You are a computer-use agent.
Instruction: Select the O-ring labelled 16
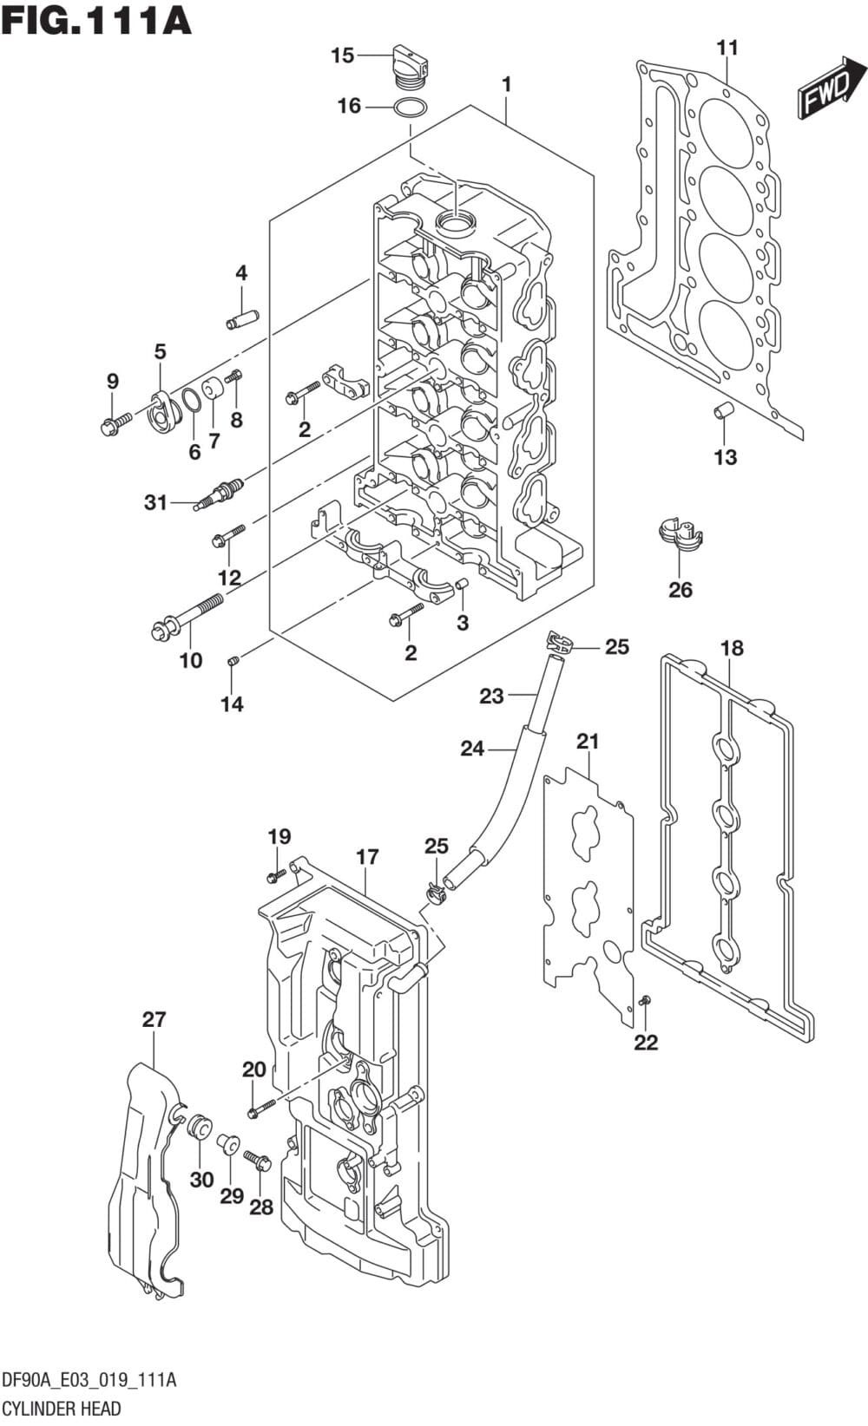[410, 108]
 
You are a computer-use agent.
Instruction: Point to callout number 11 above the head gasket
[727, 48]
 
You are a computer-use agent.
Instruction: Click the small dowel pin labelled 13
[723, 409]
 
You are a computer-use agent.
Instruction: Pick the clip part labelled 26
[681, 536]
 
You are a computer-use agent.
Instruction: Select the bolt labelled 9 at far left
[115, 424]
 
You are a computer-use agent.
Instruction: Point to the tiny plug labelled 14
[233, 662]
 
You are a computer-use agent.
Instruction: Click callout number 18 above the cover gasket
[732, 648]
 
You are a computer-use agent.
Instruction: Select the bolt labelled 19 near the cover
[275, 874]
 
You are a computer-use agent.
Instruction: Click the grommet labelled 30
[199, 1127]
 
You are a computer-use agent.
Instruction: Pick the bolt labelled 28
[258, 1159]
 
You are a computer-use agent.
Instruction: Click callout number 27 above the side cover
[154, 1019]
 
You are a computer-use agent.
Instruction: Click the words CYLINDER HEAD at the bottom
[61, 1408]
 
